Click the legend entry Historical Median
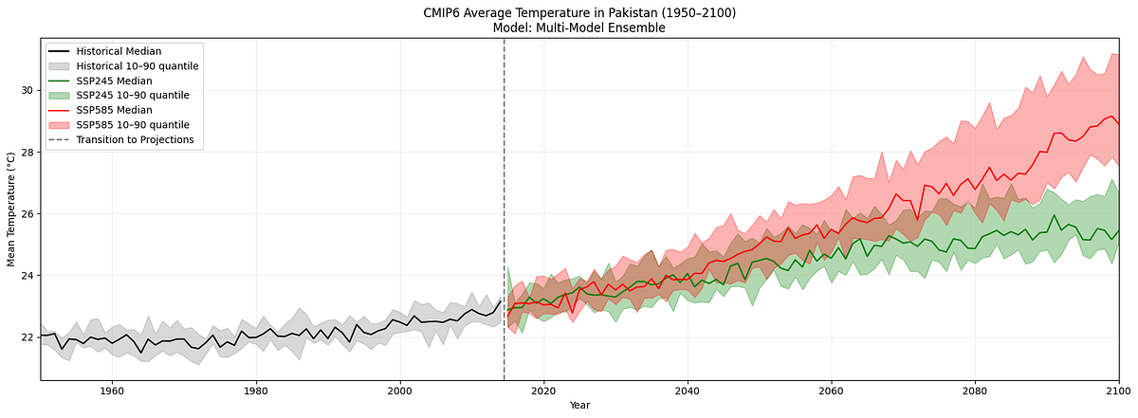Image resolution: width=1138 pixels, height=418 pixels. click(119, 50)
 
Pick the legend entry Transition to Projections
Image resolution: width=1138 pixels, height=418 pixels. click(135, 139)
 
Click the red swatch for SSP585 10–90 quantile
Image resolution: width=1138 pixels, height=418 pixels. click(60, 125)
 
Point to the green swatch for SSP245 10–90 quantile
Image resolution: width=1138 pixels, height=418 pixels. click(60, 95)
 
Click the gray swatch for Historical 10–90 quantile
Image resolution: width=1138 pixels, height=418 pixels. click(60, 65)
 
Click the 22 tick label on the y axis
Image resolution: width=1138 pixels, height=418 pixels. click(27, 337)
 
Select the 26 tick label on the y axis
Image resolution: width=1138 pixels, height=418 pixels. click(27, 214)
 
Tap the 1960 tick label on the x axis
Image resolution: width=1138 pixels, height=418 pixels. click(112, 391)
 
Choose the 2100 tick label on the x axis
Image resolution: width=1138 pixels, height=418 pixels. click(1118, 391)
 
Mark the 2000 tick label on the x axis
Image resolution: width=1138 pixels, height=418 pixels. click(399, 391)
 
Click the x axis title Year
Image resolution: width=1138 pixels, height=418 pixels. click(579, 406)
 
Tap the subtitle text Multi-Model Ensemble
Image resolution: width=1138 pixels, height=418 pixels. click(604, 27)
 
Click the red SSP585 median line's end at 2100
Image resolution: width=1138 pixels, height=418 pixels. click(1118, 124)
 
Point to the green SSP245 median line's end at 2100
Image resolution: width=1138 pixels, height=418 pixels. click(1118, 230)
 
